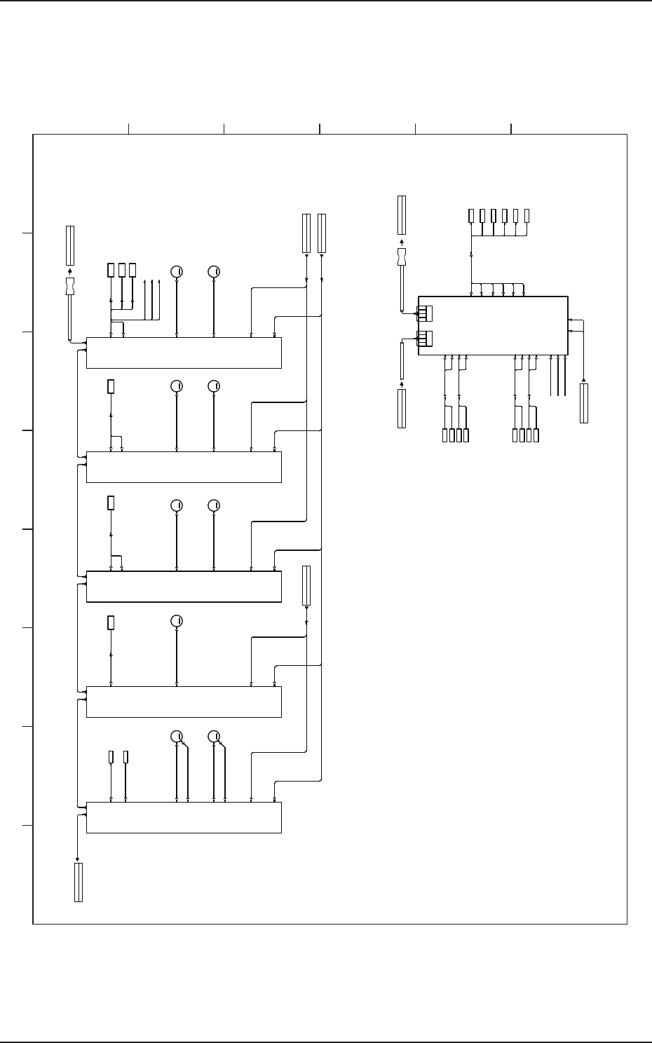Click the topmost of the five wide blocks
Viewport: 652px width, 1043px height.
pyautogui.click(x=184, y=353)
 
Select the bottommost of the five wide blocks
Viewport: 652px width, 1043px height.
pyautogui.click(x=184, y=817)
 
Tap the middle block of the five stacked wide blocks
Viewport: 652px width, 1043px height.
pyautogui.click(x=184, y=587)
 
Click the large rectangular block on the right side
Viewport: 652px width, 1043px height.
pyautogui.click(x=493, y=325)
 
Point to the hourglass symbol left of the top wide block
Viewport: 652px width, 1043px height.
pyautogui.click(x=70, y=287)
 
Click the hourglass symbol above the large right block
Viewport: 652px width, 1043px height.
pyautogui.click(x=402, y=257)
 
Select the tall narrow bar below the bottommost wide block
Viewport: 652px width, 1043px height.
pyautogui.click(x=79, y=882)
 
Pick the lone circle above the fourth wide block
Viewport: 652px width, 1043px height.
pyautogui.click(x=177, y=621)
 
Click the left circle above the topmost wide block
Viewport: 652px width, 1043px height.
pyautogui.click(x=177, y=271)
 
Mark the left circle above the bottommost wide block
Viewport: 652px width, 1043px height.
pyautogui.click(x=177, y=736)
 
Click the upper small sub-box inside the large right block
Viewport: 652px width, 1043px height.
pyautogui.click(x=425, y=313)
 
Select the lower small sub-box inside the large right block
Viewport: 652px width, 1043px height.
pyautogui.click(x=425, y=339)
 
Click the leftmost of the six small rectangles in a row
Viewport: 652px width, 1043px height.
pyautogui.click(x=471, y=216)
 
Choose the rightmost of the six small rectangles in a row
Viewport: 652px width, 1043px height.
pyautogui.click(x=527, y=216)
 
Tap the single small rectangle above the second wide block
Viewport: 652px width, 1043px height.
pyautogui.click(x=111, y=386)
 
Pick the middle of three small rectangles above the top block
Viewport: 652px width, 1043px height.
pyautogui.click(x=122, y=271)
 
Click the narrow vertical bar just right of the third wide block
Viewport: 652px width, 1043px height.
pyautogui.click(x=306, y=585)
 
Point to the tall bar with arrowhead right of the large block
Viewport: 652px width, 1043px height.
pyautogui.click(x=584, y=403)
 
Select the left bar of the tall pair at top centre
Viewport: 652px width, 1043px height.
pyautogui.click(x=306, y=233)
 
